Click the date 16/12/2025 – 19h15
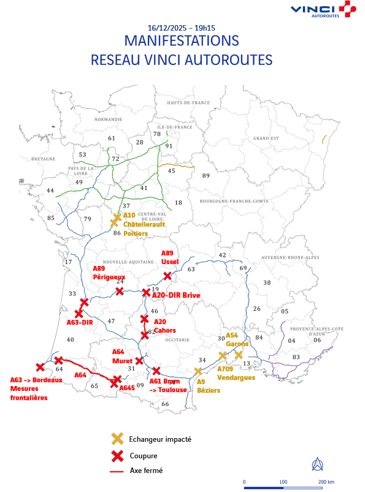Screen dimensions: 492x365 click(x=182, y=28)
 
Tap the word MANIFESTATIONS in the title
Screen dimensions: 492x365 click(x=182, y=42)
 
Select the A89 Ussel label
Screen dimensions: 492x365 click(x=170, y=257)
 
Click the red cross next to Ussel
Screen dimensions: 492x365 click(x=167, y=276)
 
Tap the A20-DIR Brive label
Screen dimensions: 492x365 click(x=176, y=295)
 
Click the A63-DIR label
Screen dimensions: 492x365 click(x=79, y=322)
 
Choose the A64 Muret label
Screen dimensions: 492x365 click(x=123, y=356)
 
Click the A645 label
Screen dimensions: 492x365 click(x=127, y=388)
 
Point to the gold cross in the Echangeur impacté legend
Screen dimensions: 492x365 click(x=116, y=439)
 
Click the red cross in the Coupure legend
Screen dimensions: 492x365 click(x=116, y=455)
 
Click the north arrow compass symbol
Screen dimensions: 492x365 click(x=318, y=464)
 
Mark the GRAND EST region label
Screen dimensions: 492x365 click(x=266, y=138)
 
